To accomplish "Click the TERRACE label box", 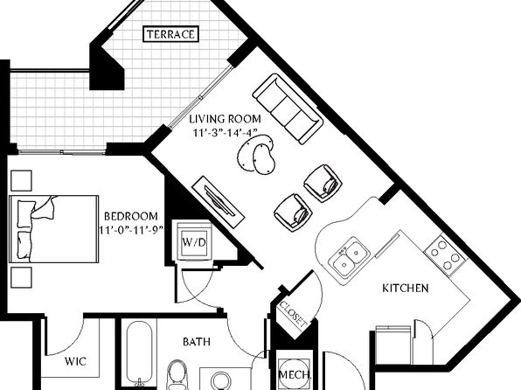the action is click(x=170, y=34).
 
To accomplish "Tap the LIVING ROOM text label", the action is click(x=225, y=119).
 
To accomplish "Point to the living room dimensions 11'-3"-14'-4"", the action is click(x=226, y=132).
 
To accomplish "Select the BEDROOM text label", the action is click(x=131, y=217).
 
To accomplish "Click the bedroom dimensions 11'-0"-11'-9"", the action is click(x=132, y=230).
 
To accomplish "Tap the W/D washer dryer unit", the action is click(x=194, y=241).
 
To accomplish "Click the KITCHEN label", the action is click(x=406, y=288).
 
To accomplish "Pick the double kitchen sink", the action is click(x=349, y=257).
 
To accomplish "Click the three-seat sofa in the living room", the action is click(x=288, y=108).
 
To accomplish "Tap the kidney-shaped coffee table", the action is click(x=256, y=154).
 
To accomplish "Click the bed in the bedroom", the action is click(x=54, y=229).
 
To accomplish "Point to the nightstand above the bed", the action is click(x=22, y=181).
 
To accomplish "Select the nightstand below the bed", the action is click(x=22, y=277).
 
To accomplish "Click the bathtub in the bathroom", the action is click(x=140, y=354).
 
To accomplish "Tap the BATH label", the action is click(x=197, y=341).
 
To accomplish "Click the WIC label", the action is click(x=75, y=361).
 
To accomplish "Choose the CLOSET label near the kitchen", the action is click(x=293, y=313).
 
